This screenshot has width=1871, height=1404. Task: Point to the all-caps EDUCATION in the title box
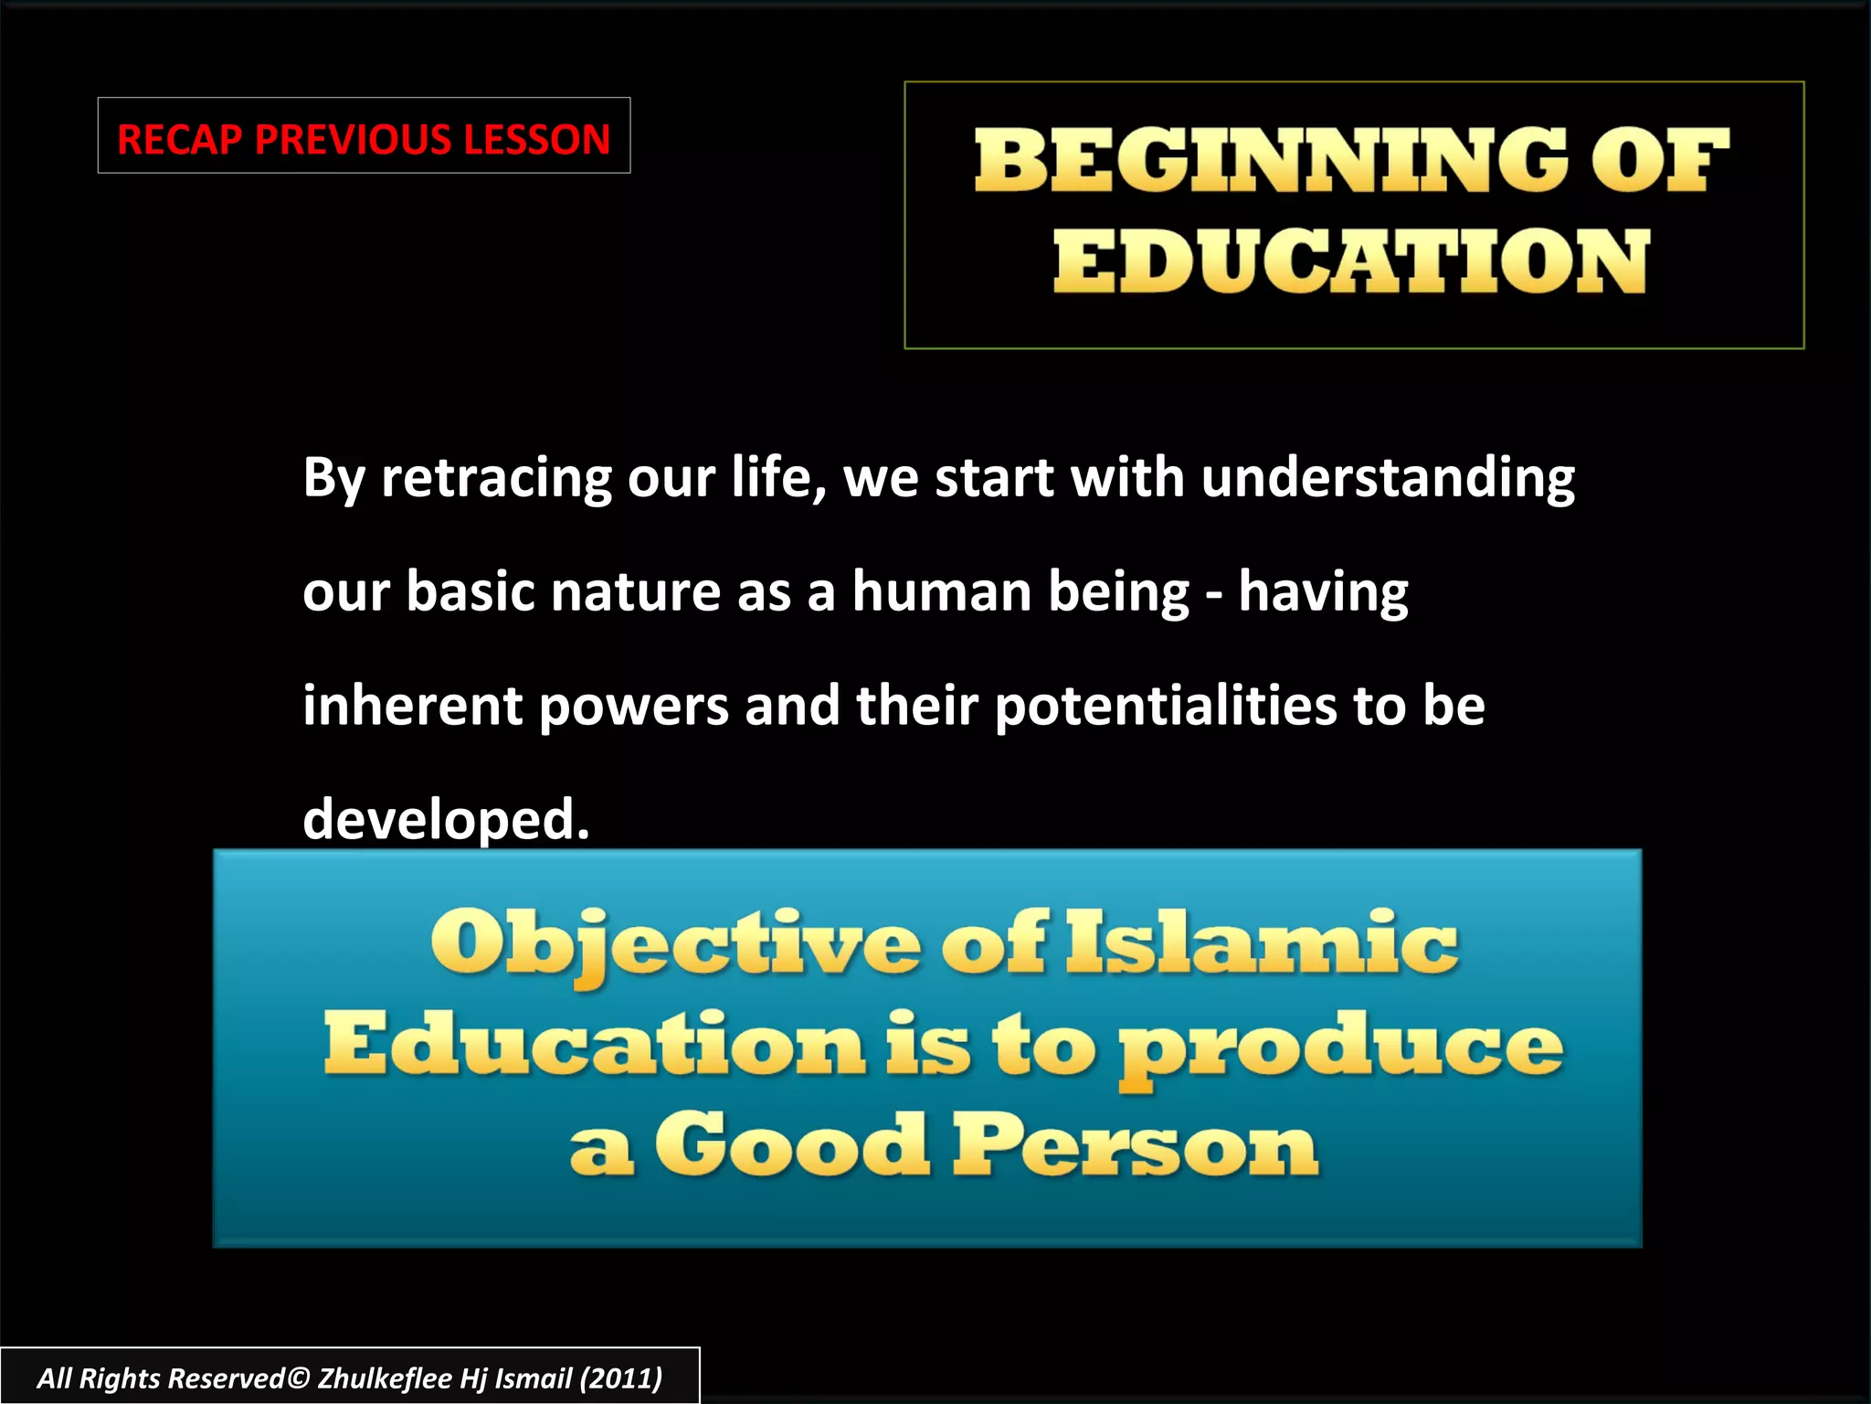[1352, 261]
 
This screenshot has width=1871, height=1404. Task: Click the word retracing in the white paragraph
[496, 478]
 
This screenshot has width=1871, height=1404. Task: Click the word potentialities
[1166, 706]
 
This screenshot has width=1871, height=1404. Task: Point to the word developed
[446, 819]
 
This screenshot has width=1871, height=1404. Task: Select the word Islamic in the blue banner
[1262, 944]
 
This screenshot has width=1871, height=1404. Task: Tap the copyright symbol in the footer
[299, 1377]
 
